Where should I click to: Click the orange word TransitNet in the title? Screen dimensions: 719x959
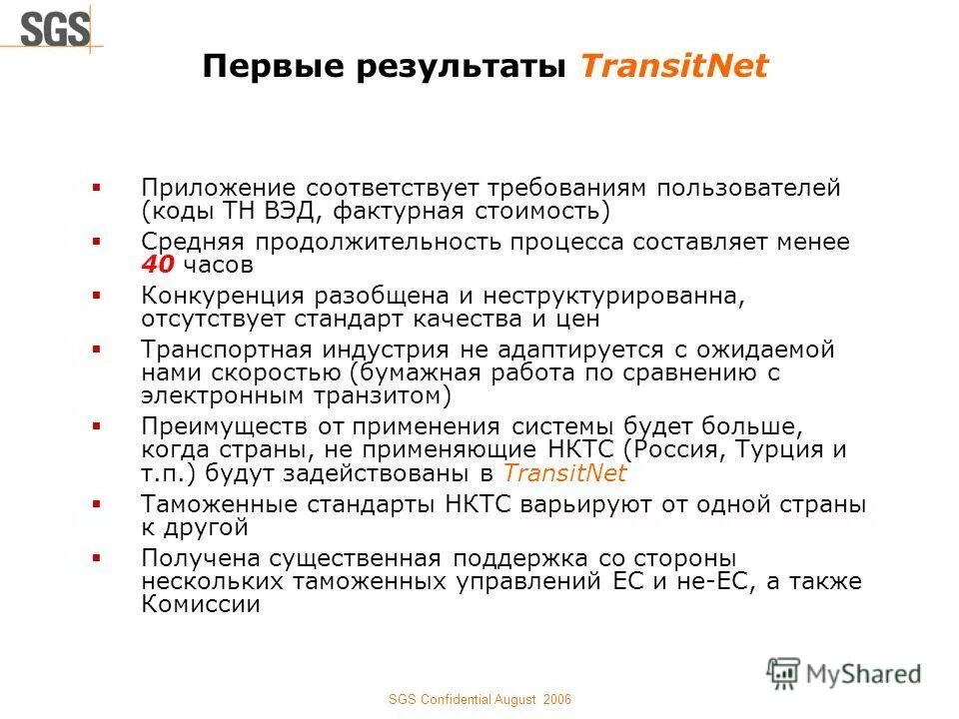(674, 67)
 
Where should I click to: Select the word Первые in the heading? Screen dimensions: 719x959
(261, 67)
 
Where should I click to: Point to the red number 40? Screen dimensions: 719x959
(158, 265)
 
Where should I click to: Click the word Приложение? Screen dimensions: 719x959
(217, 189)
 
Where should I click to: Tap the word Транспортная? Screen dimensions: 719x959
(227, 351)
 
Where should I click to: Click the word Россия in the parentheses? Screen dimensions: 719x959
(679, 450)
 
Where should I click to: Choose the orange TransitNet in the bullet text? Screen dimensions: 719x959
(564, 473)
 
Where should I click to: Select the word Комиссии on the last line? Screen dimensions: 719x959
(200, 604)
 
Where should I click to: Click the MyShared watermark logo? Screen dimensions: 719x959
(843, 673)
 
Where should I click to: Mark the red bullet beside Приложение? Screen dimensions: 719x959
(96, 187)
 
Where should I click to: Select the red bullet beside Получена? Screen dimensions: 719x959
(96, 557)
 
